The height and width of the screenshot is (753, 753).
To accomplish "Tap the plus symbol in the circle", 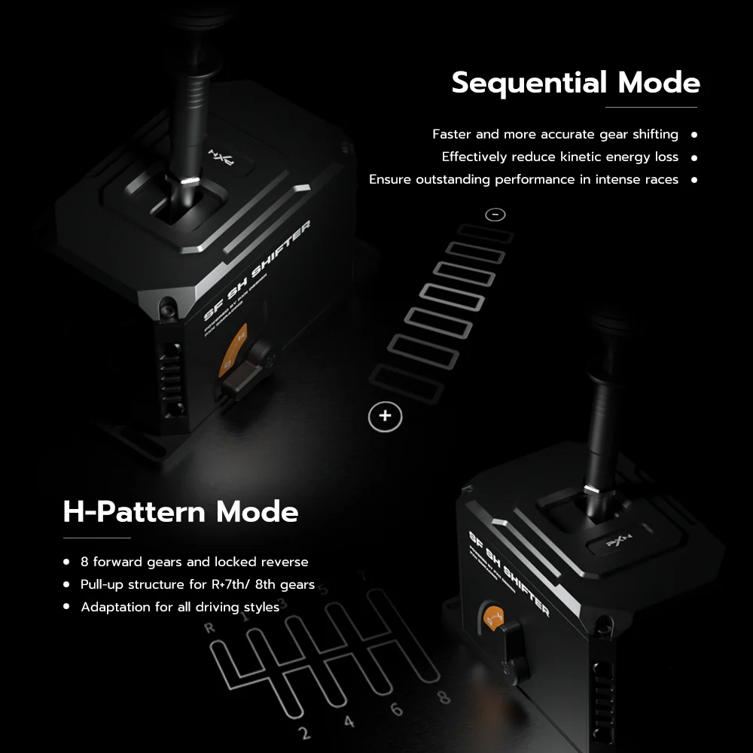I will [386, 416].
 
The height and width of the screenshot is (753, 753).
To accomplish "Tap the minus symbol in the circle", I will [495, 215].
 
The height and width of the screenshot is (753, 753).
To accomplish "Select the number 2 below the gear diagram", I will [303, 733].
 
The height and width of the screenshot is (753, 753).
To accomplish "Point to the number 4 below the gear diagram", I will [349, 722].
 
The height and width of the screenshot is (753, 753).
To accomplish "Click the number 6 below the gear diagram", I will [396, 709].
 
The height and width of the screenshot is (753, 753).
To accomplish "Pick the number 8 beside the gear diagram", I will [444, 697].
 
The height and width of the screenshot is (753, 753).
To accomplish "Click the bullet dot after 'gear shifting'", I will [694, 135].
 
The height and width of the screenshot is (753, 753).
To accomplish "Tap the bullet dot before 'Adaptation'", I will [66, 607].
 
